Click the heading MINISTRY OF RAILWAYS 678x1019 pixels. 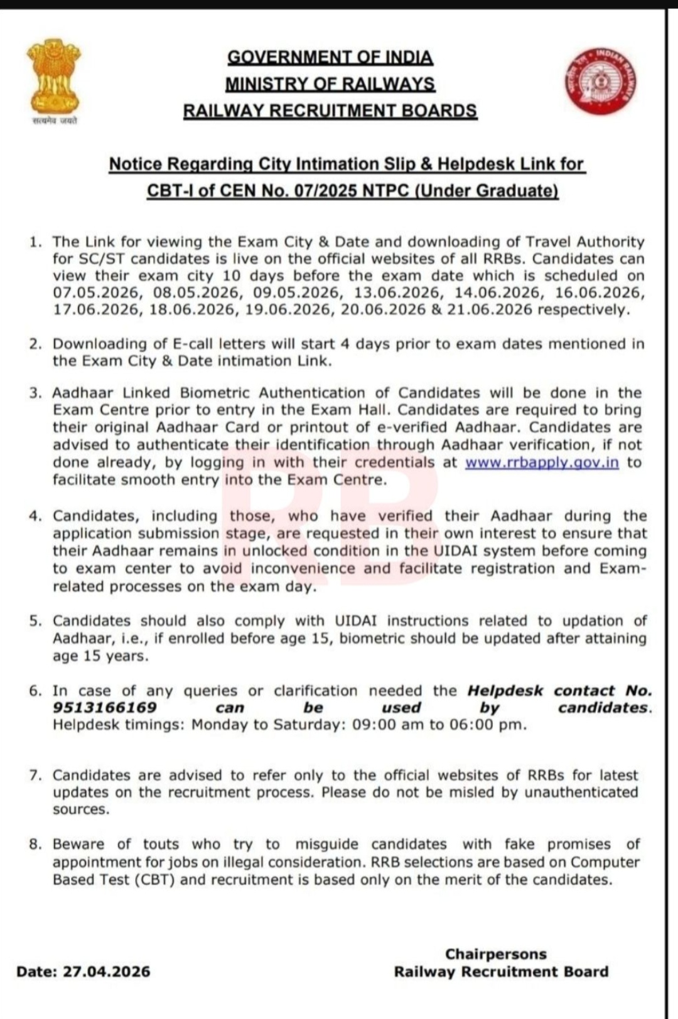click(x=330, y=84)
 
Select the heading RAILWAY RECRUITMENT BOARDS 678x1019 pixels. click(x=330, y=111)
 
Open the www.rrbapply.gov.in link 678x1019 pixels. click(x=542, y=463)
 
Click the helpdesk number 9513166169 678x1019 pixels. click(x=104, y=708)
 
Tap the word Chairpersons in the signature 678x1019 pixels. click(x=496, y=954)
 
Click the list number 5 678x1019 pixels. click(x=35, y=621)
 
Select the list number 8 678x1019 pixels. click(x=35, y=845)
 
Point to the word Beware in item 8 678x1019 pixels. click(x=79, y=845)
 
